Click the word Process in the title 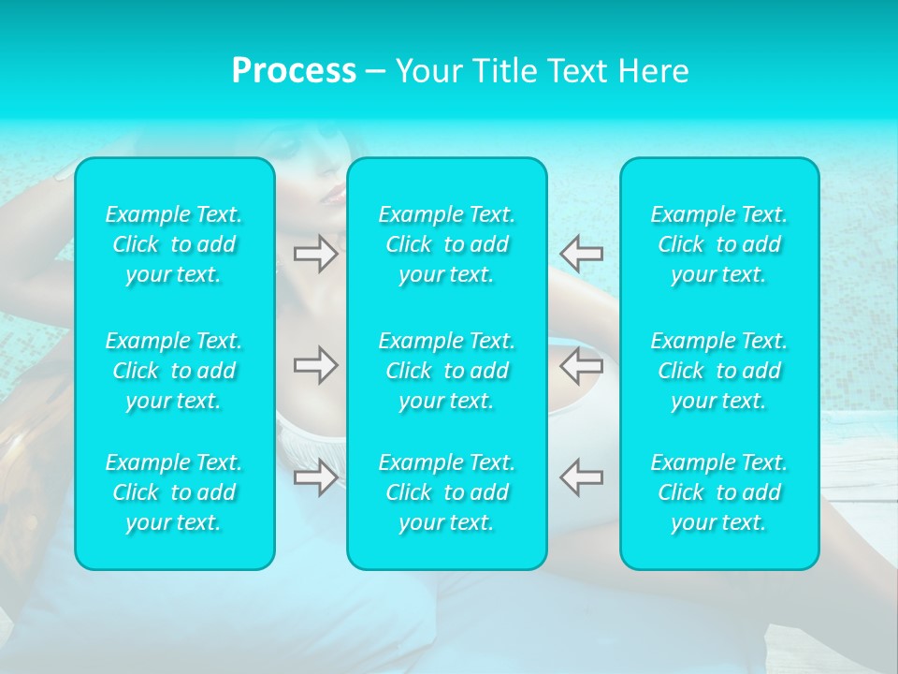pyautogui.click(x=294, y=71)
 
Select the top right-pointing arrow pyautogui.click(x=316, y=254)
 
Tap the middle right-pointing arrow pyautogui.click(x=316, y=365)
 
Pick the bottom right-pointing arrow pyautogui.click(x=316, y=477)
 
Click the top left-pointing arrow pyautogui.click(x=581, y=254)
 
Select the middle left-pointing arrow pyautogui.click(x=581, y=365)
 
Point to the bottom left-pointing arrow pyautogui.click(x=581, y=477)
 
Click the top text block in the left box pyautogui.click(x=174, y=244)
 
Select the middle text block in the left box pyautogui.click(x=174, y=371)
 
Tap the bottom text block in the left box pyautogui.click(x=174, y=492)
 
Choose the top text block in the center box pyautogui.click(x=447, y=244)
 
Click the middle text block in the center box pyautogui.click(x=447, y=371)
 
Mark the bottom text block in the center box pyautogui.click(x=447, y=492)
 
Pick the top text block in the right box pyautogui.click(x=719, y=244)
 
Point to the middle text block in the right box pyautogui.click(x=719, y=371)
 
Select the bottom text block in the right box pyautogui.click(x=719, y=492)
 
